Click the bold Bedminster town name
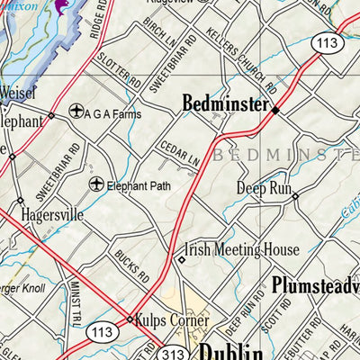point(225,104)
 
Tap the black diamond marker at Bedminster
point(275,110)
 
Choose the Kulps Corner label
point(172,319)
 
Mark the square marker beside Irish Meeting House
point(181,260)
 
